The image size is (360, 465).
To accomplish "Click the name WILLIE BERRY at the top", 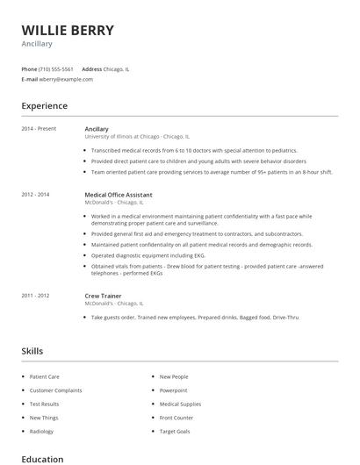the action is coord(68,31).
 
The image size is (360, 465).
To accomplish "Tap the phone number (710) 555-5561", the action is coord(56,68).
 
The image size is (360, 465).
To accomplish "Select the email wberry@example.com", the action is coord(66,79).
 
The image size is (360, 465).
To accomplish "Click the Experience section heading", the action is coord(44,106).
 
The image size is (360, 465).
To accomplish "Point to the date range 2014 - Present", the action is coord(39,129).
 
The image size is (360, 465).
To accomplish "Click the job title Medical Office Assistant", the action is coord(119,195).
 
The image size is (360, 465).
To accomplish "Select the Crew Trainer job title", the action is coord(104,297).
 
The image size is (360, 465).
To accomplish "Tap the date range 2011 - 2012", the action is coord(35,297).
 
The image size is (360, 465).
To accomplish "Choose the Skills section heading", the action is coord(32,351).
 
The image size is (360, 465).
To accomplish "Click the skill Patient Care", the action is coord(44,376).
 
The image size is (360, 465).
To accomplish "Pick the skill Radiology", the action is coord(41,433).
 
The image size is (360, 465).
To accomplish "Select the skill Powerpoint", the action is coord(173,390).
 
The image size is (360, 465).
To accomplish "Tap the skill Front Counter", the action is coord(176,418).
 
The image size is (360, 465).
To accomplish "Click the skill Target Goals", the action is coord(174,433).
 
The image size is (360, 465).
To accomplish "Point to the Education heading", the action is coord(42,459).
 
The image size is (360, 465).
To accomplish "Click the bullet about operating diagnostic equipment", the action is coord(148,255).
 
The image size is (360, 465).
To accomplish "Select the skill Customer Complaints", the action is coord(55,390).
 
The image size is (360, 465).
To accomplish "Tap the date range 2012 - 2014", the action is coord(35,195).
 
